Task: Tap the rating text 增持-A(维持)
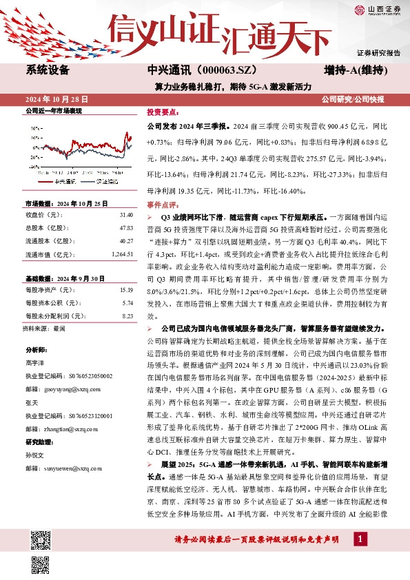355,70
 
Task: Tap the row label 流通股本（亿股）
50,240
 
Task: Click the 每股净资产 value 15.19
125,290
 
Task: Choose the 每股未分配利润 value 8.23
127,316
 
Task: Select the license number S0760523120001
88,415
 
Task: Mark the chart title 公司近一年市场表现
54,110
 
